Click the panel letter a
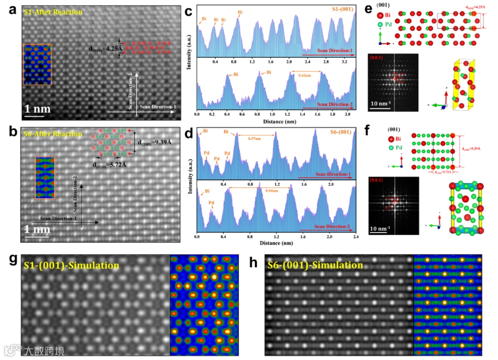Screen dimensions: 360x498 pyautogui.click(x=13, y=10)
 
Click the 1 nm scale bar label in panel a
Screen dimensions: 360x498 pyautogui.click(x=37, y=110)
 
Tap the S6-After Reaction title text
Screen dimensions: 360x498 pyautogui.click(x=53, y=134)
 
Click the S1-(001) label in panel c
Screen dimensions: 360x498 pyautogui.click(x=339, y=9)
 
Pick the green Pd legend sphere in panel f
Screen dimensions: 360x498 pyautogui.click(x=391, y=148)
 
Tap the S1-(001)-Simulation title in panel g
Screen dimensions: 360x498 pyautogui.click(x=71, y=265)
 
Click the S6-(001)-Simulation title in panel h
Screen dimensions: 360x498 pyautogui.click(x=315, y=265)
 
